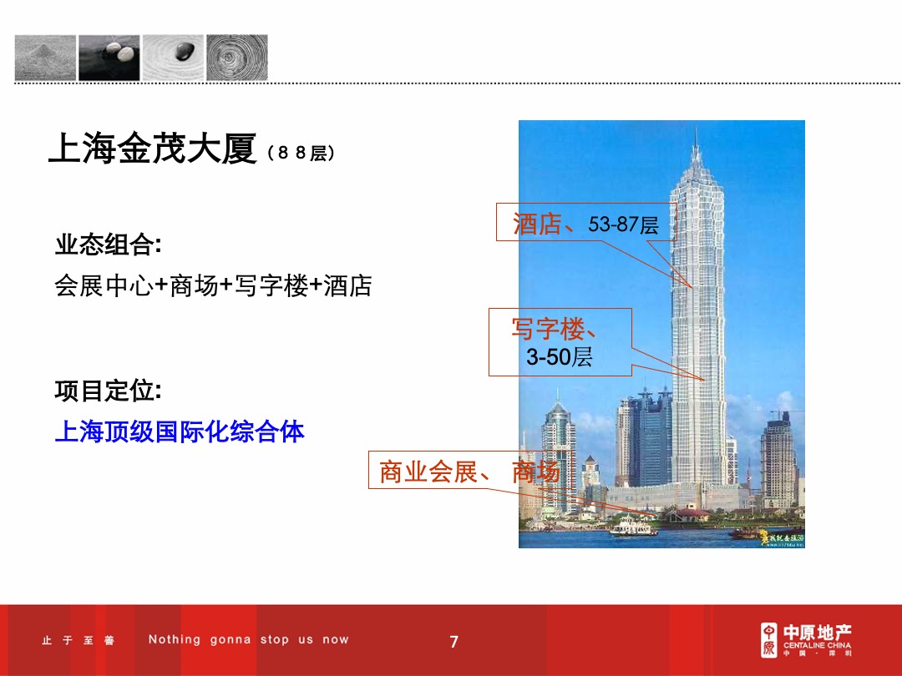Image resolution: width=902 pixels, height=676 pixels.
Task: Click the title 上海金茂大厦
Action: [x=152, y=149]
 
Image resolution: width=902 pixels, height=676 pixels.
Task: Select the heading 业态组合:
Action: [x=108, y=245]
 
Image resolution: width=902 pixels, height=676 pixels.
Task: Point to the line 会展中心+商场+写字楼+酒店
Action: [x=213, y=286]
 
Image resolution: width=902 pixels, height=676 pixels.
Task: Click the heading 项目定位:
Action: [x=108, y=391]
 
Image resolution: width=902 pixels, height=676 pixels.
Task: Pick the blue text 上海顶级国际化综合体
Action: [x=180, y=431]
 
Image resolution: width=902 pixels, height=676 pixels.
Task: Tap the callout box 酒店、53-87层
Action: [x=585, y=223]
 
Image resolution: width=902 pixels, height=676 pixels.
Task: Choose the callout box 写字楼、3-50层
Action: [x=560, y=342]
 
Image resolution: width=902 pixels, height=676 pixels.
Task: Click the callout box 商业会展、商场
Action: [x=468, y=472]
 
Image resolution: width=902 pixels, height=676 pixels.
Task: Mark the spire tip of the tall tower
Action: [x=695, y=131]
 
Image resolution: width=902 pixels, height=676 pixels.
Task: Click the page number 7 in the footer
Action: [x=454, y=642]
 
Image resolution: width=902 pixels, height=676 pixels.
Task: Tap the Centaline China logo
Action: [x=805, y=640]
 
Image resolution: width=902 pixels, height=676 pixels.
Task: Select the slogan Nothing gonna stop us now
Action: [x=249, y=640]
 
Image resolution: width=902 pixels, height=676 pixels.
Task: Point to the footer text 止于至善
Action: [x=79, y=641]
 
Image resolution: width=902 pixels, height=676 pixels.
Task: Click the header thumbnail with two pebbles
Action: [x=109, y=58]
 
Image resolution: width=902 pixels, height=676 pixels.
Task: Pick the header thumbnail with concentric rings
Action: [x=237, y=58]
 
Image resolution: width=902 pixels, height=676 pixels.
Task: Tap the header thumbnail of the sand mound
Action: [x=45, y=58]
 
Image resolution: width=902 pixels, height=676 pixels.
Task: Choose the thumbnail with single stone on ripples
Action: [x=174, y=58]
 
